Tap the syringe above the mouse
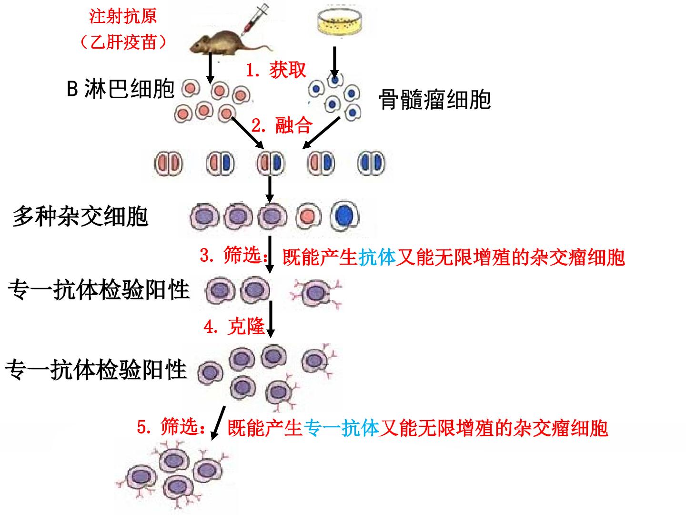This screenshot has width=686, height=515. [255, 18]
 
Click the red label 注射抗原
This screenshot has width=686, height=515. [123, 16]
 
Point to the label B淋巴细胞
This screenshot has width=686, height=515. [121, 89]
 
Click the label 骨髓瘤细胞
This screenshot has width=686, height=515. [434, 100]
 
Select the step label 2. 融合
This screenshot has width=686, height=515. [282, 125]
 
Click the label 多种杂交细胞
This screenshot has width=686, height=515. [81, 216]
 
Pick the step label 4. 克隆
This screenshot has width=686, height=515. [234, 327]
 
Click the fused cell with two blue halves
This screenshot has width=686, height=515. [371, 163]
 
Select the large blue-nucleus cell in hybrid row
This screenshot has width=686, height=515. [345, 216]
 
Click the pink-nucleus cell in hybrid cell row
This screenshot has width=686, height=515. [308, 216]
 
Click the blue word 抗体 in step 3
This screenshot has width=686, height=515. [377, 257]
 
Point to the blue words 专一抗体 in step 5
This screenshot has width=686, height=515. [341, 428]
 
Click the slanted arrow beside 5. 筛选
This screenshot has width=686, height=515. [218, 423]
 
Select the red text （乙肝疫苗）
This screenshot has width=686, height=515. [123, 42]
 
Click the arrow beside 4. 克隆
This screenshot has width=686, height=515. [271, 319]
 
